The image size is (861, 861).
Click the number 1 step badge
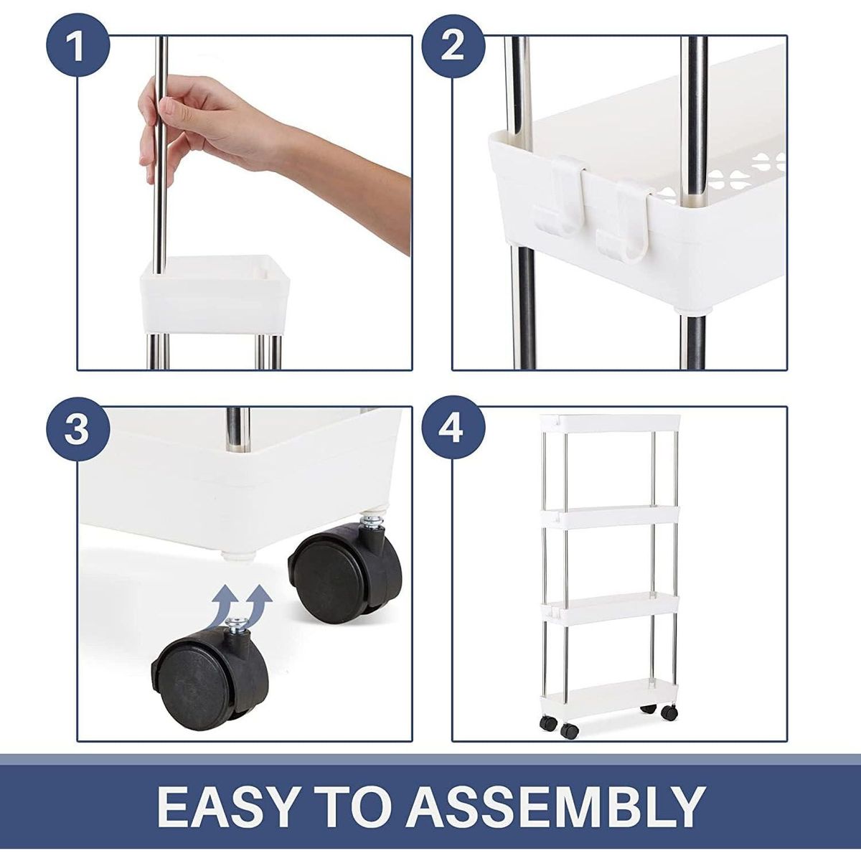[x=77, y=48]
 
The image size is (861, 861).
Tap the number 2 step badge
[x=452, y=48]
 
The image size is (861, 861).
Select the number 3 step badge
[x=77, y=430]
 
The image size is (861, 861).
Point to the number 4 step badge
[x=452, y=430]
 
